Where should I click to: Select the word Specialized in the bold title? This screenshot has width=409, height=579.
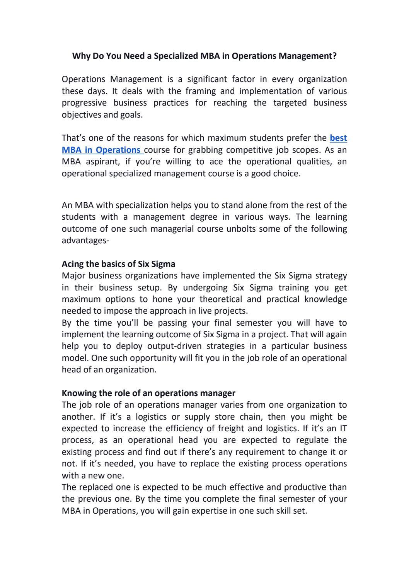tap(176, 56)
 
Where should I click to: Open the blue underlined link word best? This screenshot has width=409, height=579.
tap(338, 138)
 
